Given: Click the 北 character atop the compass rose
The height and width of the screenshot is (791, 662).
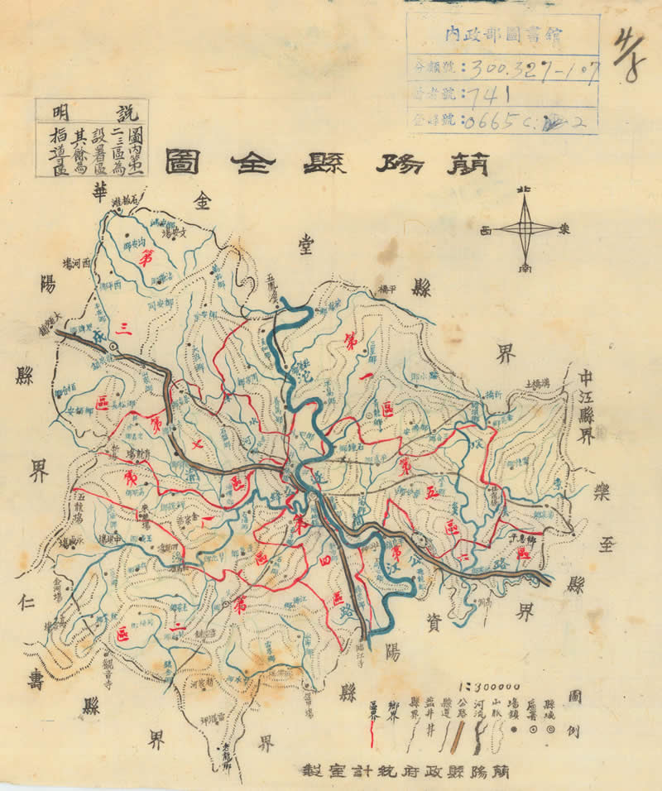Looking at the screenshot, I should tap(523, 191).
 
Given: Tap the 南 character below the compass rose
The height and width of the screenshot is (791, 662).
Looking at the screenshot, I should tap(525, 268).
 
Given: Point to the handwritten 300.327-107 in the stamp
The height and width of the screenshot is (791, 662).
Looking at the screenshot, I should tap(529, 65).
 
